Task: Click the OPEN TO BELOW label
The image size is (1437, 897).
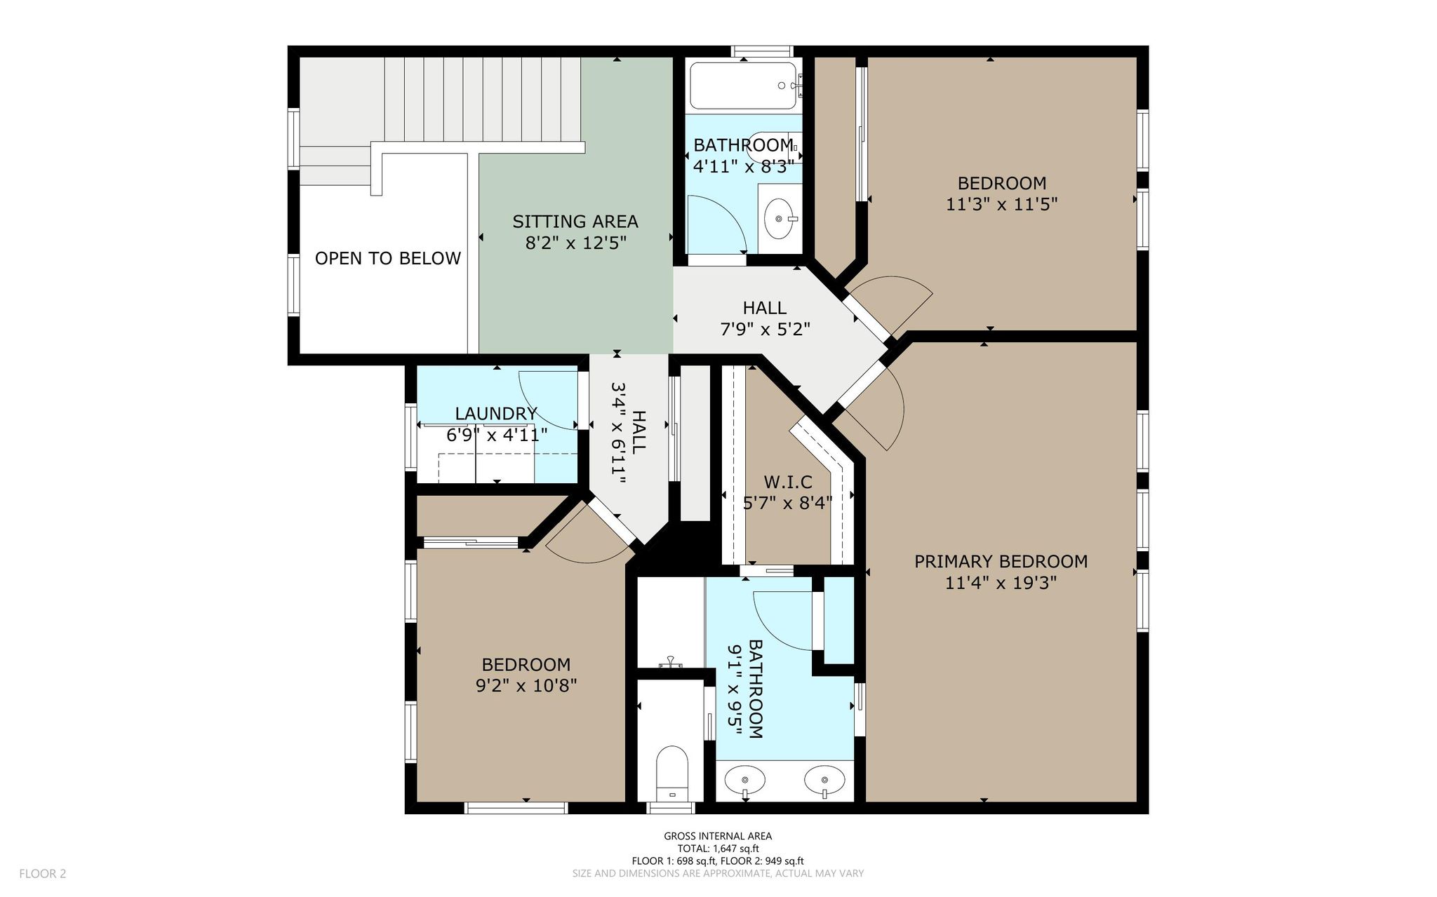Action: tap(387, 258)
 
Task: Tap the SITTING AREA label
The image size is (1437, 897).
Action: tap(575, 222)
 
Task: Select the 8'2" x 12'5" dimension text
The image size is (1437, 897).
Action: tap(575, 243)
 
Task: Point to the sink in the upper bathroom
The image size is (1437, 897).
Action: tap(779, 218)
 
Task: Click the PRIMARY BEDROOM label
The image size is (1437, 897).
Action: tap(1001, 561)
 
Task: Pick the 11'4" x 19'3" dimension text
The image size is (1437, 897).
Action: tap(1001, 583)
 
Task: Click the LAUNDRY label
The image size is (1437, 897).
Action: tap(496, 414)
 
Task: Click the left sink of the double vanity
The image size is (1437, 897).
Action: tap(744, 780)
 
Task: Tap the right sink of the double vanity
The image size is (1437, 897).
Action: tap(824, 780)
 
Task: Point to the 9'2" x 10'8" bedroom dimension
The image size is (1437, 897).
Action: tap(526, 685)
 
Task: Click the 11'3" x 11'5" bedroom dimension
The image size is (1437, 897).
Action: tap(1001, 204)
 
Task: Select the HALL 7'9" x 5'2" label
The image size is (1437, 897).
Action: tap(765, 318)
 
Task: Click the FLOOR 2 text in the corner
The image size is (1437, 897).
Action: tap(42, 873)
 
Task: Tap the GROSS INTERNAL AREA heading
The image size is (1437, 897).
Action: tap(718, 835)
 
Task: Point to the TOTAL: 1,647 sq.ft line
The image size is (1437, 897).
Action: tap(718, 848)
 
